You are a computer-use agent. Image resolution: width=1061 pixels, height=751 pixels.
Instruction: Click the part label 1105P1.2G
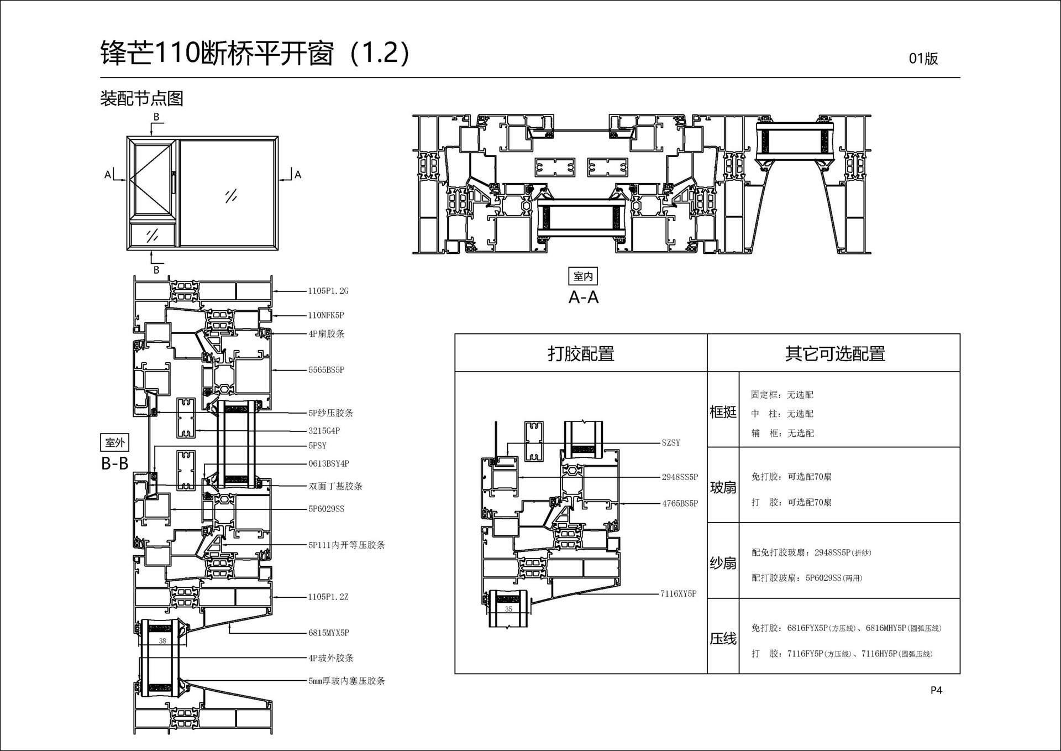(328, 291)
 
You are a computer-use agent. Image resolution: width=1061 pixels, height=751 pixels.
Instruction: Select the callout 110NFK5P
(326, 315)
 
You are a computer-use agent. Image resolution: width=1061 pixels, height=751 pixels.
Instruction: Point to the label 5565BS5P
(326, 369)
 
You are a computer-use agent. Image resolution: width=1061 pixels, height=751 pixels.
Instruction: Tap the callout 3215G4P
(324, 431)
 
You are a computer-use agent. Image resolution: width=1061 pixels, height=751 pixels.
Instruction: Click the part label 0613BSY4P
(329, 463)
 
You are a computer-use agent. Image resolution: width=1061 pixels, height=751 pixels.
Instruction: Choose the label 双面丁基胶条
(335, 486)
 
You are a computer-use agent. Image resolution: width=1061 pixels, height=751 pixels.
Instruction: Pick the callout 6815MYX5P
(329, 633)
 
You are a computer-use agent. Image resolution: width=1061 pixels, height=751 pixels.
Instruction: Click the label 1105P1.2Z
(328, 597)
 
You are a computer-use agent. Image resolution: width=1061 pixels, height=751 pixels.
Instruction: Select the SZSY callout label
(671, 442)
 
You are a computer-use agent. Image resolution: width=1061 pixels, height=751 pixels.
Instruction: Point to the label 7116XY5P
(678, 593)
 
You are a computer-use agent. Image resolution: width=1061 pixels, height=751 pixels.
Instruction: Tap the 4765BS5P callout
(680, 503)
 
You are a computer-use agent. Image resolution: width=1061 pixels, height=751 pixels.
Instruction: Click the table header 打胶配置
(581, 353)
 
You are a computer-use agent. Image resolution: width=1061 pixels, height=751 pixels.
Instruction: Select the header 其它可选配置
(835, 353)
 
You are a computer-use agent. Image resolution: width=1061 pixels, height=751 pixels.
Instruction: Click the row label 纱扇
(723, 563)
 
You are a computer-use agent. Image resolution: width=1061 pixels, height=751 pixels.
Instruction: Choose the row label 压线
(723, 639)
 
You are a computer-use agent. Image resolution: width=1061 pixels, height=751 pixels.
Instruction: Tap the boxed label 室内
(583, 276)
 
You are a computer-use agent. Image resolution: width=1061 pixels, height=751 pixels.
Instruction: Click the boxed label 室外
(115, 442)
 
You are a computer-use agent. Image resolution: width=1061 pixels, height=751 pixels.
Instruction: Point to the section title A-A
(584, 298)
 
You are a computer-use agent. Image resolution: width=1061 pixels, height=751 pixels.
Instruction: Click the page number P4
(936, 690)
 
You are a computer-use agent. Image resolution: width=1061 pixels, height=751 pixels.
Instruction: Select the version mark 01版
(923, 59)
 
